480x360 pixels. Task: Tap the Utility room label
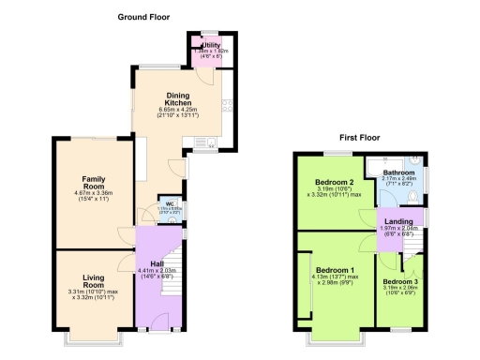210,44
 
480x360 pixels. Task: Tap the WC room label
171,203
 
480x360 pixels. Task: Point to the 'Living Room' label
92,278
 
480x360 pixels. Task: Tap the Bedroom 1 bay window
335,335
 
